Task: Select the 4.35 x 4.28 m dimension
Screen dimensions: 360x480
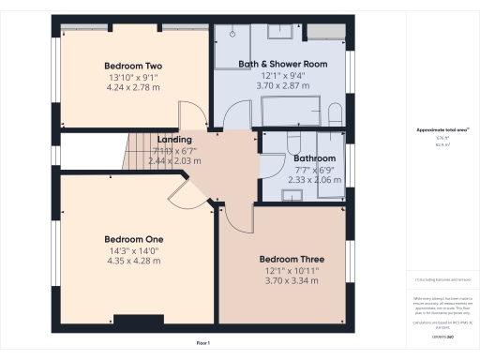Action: (133, 262)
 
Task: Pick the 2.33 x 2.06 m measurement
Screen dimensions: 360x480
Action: (311, 179)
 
